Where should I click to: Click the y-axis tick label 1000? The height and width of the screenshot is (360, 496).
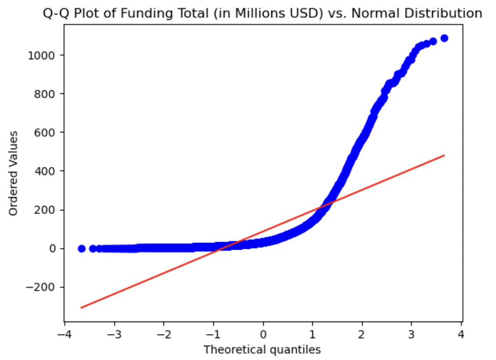pyautogui.click(x=45, y=55)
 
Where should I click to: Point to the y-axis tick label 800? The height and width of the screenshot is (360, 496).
pyautogui.click(x=47, y=94)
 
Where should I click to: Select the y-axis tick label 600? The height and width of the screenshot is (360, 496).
pyautogui.click(x=47, y=133)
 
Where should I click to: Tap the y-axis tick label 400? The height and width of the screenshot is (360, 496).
pyautogui.click(x=47, y=171)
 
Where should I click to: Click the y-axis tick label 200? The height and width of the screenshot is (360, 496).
pyautogui.click(x=47, y=210)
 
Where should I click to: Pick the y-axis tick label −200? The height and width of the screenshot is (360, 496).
pyautogui.click(x=43, y=287)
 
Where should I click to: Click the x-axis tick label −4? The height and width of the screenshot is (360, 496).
pyautogui.click(x=65, y=334)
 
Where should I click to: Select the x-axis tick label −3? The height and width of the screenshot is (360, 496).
pyautogui.click(x=114, y=334)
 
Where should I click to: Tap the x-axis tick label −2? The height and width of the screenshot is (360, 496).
pyautogui.click(x=164, y=334)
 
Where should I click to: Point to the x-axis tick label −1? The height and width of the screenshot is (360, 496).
pyautogui.click(x=214, y=334)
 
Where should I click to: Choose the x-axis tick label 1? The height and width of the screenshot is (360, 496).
pyautogui.click(x=313, y=334)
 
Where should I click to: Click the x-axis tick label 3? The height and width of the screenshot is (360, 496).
pyautogui.click(x=412, y=334)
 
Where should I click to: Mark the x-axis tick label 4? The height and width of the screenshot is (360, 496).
pyautogui.click(x=462, y=334)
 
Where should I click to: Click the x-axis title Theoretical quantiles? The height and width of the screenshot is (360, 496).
pyautogui.click(x=262, y=350)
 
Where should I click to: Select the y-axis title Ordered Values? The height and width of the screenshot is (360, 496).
pyautogui.click(x=14, y=173)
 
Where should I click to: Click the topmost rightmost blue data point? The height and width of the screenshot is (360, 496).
pyautogui.click(x=444, y=38)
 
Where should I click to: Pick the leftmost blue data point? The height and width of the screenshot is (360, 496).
pyautogui.click(x=81, y=248)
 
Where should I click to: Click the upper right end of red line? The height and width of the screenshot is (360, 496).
pyautogui.click(x=444, y=155)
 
